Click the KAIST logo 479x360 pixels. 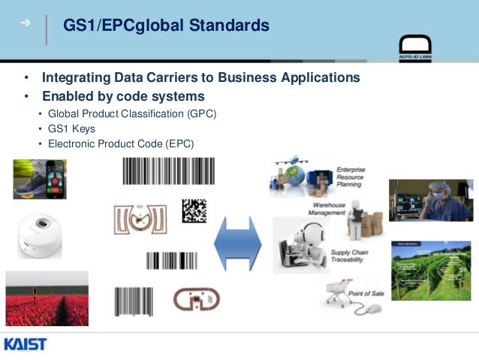(26, 344)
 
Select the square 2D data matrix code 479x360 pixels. (194, 210)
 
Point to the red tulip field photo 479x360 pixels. (47, 299)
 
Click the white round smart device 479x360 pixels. (40, 234)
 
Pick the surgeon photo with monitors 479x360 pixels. (430, 200)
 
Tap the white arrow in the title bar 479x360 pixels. (26, 23)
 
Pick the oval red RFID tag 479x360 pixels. (196, 299)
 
